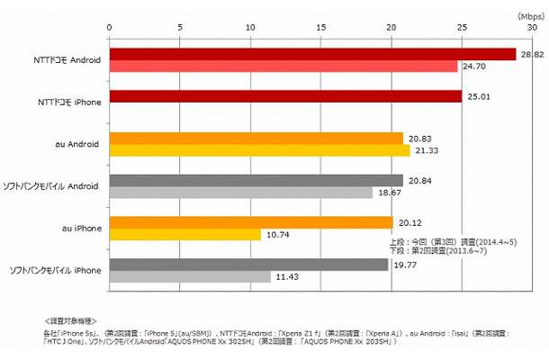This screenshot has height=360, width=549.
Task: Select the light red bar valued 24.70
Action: click(283, 67)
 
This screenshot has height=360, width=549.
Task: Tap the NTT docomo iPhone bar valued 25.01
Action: click(285, 96)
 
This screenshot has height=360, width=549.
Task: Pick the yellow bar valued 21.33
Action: click(259, 150)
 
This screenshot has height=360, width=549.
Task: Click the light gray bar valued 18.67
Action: click(240, 193)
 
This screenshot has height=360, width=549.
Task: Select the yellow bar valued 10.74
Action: click(184, 235)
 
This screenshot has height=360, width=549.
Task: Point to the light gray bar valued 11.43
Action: click(189, 277)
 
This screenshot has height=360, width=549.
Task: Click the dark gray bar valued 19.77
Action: click(248, 265)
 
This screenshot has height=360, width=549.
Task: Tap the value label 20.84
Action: click(420, 181)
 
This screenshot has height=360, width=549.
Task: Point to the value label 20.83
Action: click(420, 138)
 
